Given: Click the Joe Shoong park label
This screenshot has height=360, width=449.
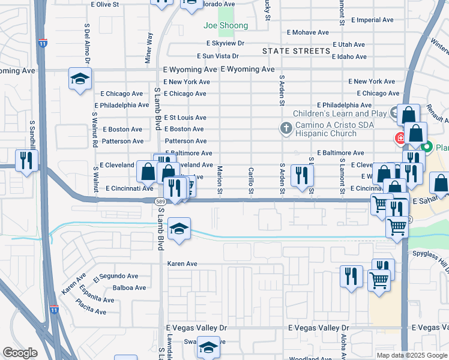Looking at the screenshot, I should coord(225,26).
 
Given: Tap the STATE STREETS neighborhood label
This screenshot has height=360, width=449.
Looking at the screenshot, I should coord(297,51).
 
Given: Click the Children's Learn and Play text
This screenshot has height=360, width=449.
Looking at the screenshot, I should coord(339,113).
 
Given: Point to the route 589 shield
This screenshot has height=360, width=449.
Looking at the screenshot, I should coord(159,202).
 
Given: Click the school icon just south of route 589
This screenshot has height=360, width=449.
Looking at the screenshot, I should coord(179,229).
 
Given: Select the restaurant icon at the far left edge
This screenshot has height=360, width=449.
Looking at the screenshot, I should coord(26,160).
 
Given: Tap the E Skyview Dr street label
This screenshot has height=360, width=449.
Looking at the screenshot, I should coord(225,43).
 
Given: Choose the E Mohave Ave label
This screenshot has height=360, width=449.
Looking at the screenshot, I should coord(307,32).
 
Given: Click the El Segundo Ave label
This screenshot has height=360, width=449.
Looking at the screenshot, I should coord(116,276).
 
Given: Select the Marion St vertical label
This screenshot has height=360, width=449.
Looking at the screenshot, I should coord(220,179).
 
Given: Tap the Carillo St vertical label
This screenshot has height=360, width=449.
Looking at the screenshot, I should coord(250,179).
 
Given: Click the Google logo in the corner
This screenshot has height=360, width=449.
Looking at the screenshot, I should coord(20,353).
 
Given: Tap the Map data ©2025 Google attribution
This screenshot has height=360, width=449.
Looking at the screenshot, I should coord(411,355).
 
